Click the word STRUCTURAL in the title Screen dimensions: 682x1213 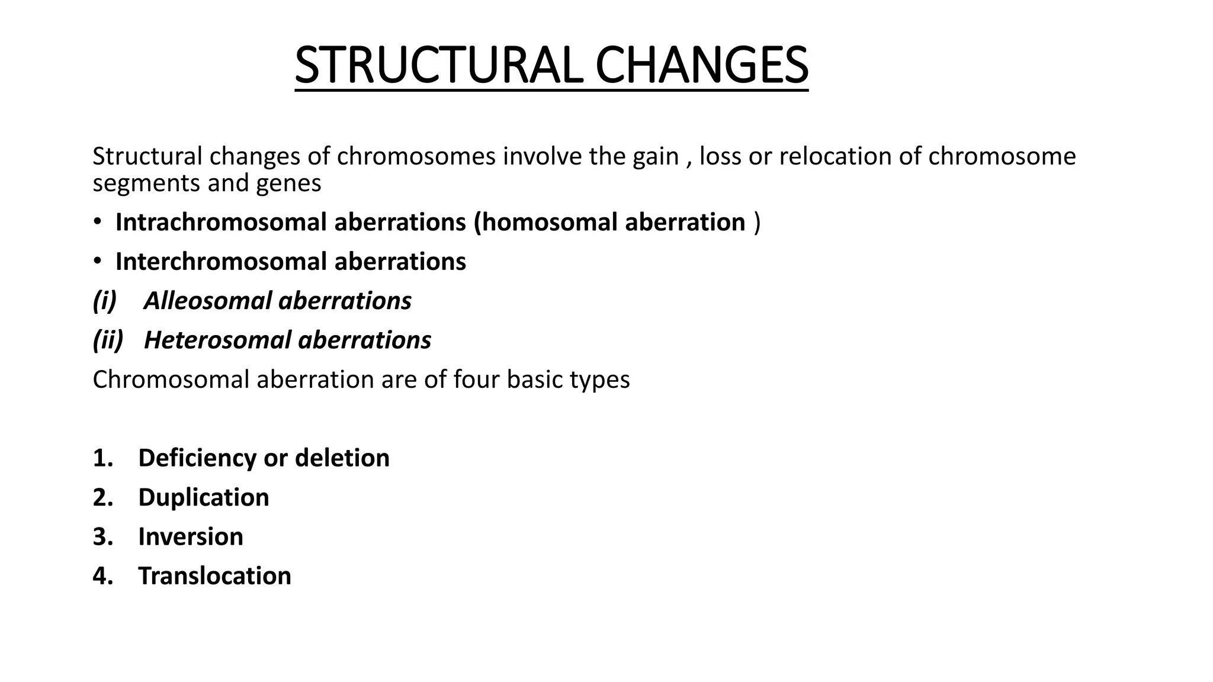[x=437, y=65]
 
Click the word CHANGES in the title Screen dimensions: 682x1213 [x=701, y=65]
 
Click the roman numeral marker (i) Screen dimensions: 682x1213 [x=105, y=301]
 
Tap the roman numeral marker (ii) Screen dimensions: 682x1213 [x=108, y=340]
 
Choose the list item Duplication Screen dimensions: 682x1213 [x=203, y=497]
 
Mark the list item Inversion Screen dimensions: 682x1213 [x=190, y=537]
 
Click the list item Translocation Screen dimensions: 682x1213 [x=214, y=576]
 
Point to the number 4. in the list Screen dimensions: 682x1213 [x=102, y=576]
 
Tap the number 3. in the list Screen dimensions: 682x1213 [x=102, y=537]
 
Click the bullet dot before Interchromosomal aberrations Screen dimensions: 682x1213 [x=97, y=261]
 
